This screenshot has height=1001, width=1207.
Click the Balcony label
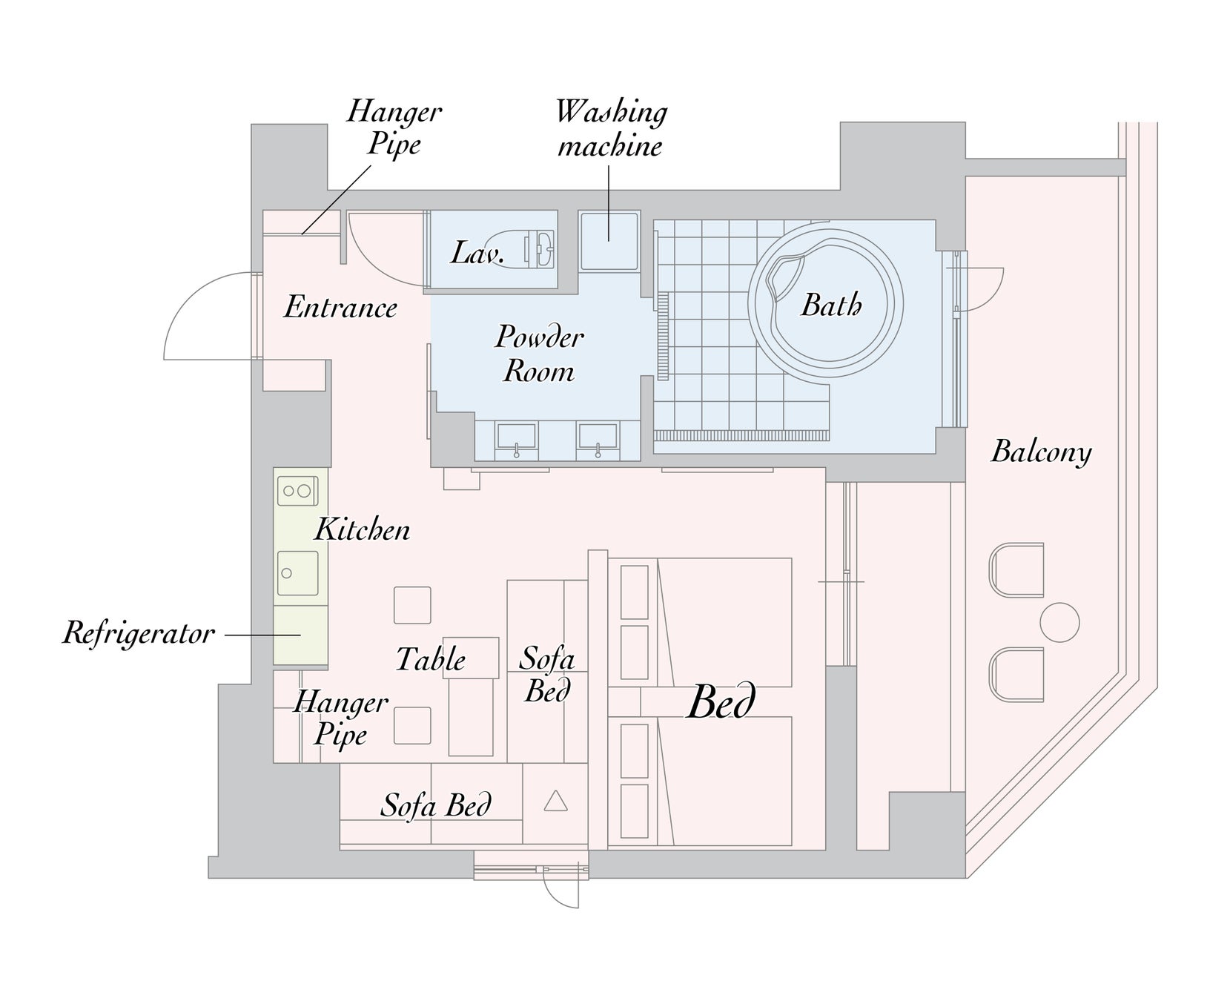1041,452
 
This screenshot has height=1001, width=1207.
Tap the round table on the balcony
1059,622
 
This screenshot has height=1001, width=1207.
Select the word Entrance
340,307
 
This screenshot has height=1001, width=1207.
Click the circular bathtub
825,305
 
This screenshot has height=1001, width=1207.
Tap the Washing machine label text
611,128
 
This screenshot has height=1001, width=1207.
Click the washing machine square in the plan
609,241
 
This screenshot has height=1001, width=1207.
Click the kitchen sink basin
297,572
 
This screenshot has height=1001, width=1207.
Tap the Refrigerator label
139,634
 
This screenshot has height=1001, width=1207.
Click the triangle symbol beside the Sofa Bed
555,801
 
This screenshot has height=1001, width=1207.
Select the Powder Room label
539,354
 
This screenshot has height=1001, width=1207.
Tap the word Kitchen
362,529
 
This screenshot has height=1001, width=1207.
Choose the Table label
431,659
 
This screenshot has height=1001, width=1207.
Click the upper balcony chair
1016,570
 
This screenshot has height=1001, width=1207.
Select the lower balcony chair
1016,674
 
